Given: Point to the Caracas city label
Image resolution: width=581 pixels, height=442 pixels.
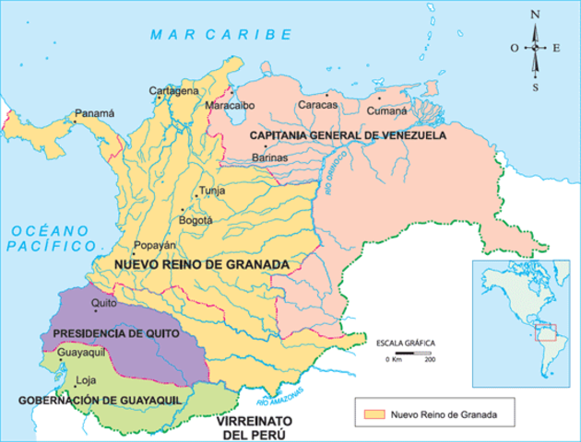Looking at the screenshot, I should click(x=317, y=105).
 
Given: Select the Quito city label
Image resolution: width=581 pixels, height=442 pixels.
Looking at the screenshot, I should click(x=103, y=302).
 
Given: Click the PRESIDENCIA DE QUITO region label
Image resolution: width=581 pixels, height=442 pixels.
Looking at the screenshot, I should click(x=114, y=332).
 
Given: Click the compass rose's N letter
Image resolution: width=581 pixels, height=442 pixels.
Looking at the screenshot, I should click(x=535, y=14).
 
